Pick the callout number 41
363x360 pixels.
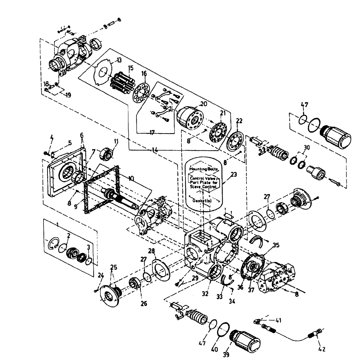point(278,320)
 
